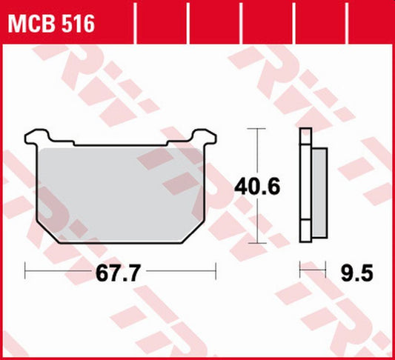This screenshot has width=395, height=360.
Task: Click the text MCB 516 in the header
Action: (51, 24)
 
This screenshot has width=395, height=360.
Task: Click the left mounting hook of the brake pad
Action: (35, 136)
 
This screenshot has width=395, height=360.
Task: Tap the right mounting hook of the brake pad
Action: (205, 136)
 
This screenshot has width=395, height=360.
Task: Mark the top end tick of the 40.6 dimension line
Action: (256, 128)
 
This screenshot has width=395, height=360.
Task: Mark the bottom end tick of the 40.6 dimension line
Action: (256, 242)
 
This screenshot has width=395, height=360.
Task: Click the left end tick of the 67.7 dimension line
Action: (26, 271)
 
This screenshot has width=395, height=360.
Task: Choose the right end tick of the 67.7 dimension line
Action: (215, 271)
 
